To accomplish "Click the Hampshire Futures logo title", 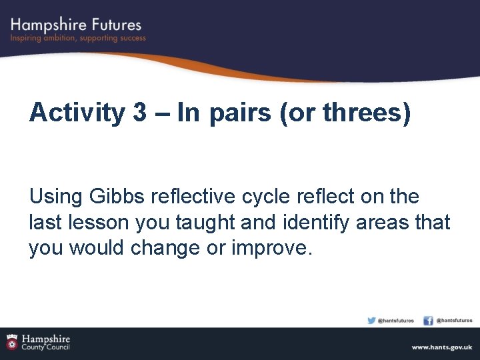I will (x=76, y=25).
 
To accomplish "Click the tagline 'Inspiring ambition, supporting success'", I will (x=78, y=39).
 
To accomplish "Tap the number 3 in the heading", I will (x=140, y=113).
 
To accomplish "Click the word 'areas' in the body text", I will (x=383, y=222).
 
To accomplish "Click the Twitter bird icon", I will (x=371, y=320).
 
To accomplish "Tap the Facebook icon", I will (x=429, y=321).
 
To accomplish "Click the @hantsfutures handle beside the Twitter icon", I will (x=396, y=321).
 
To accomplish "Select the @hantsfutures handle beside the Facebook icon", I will (x=454, y=321).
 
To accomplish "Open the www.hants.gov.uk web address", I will (x=441, y=347).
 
